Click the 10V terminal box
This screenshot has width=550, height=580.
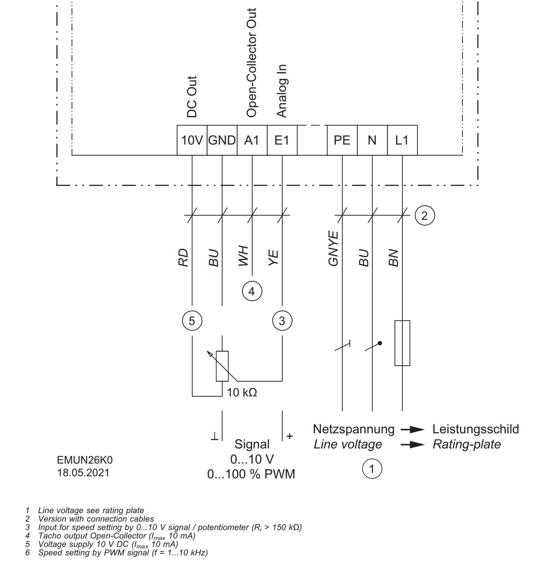pos(192,140)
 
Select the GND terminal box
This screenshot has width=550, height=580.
pos(222,140)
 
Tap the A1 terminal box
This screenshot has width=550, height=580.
pos(252,140)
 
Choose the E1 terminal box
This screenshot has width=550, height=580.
pos(282,140)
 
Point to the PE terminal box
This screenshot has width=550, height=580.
pos(342,140)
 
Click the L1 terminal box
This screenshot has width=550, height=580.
pos(402,140)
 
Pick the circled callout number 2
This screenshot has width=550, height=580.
pos(425,216)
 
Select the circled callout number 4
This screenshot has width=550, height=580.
pos(252,291)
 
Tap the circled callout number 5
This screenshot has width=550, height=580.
pos(192,321)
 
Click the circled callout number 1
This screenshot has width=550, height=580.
pos(372,469)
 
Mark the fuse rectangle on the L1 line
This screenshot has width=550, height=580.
pos(402,343)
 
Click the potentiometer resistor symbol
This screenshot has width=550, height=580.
pos(222,366)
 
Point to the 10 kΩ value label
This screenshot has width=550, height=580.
pos(242,393)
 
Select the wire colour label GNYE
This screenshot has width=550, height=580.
pos(333,249)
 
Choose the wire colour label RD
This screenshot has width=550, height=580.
pos(183,257)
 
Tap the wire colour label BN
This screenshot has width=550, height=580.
pos(393,258)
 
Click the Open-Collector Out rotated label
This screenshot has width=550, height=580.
pos(252,63)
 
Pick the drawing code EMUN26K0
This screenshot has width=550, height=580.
pos(85,460)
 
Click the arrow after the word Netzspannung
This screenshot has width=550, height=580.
pos(413,429)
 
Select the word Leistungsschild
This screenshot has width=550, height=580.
pos(475,429)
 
